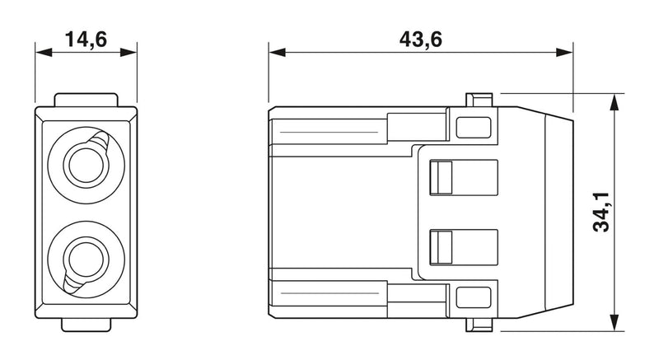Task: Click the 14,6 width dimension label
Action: pyautogui.click(x=86, y=40)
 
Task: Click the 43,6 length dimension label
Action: pyautogui.click(x=421, y=40)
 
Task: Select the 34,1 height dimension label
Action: pyautogui.click(x=601, y=212)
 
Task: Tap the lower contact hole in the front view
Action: pyautogui.click(x=86, y=259)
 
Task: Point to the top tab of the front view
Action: pyautogui.click(x=86, y=100)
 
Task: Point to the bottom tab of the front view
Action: pyautogui.click(x=86, y=325)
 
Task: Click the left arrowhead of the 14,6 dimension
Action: pyautogui.click(x=44, y=53)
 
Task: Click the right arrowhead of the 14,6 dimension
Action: pyautogui.click(x=129, y=53)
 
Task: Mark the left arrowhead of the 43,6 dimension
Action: pyautogui.click(x=278, y=53)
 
